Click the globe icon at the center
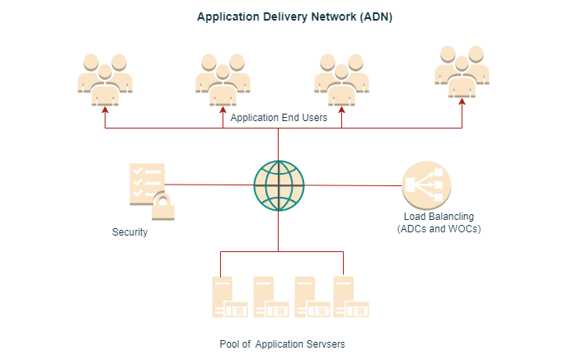[279, 185]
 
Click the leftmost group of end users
[105, 80]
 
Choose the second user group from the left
[223, 80]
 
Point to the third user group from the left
[341, 80]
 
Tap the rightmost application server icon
[350, 297]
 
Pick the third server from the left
[310, 297]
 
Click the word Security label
[129, 232]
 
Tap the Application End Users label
[279, 118]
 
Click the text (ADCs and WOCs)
[439, 228]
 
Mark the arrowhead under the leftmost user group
[105, 110]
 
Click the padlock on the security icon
[162, 207]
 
